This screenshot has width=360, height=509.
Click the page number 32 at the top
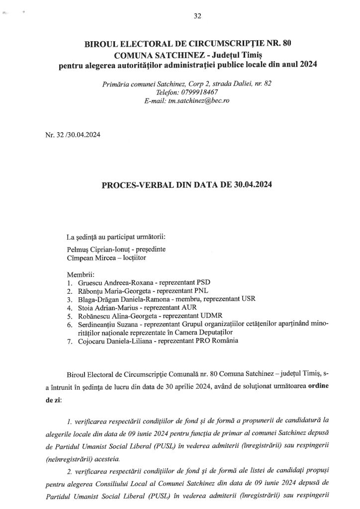197,16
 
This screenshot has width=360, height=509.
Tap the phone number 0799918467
197,92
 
